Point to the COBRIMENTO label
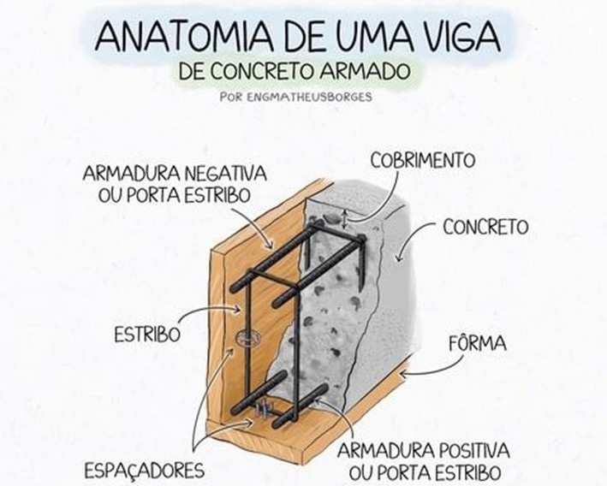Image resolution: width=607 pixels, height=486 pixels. pos(423,160)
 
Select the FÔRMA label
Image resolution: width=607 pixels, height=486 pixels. pos(477,344)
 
